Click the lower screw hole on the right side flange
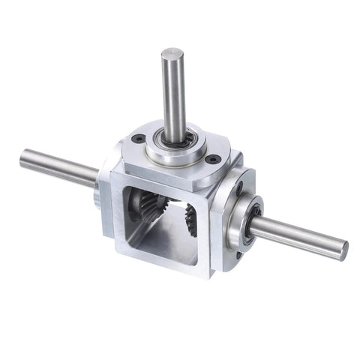coord(238,254)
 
